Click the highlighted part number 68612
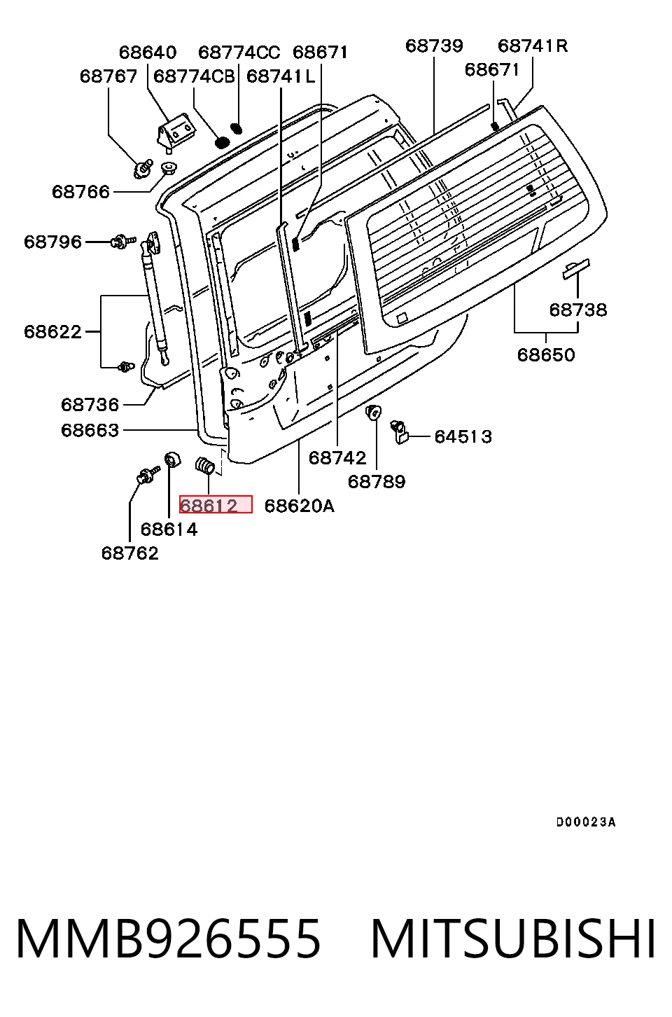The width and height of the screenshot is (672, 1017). click(209, 505)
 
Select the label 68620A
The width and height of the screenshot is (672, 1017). click(299, 505)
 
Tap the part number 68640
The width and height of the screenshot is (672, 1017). click(148, 53)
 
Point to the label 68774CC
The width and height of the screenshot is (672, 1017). click(239, 53)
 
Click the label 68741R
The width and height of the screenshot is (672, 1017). click(533, 46)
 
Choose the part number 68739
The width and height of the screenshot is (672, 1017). click(434, 46)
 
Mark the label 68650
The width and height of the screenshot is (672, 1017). click(546, 354)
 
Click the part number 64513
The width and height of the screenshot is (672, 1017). click(463, 436)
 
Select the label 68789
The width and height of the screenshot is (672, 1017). click(377, 481)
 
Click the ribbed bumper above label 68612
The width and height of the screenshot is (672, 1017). click(205, 466)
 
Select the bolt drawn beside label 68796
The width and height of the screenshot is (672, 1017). click(123, 241)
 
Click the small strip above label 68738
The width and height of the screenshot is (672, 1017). click(576, 269)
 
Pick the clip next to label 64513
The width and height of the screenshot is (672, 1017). click(399, 431)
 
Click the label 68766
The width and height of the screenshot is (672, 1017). click(80, 192)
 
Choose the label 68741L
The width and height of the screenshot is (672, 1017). click(281, 77)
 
